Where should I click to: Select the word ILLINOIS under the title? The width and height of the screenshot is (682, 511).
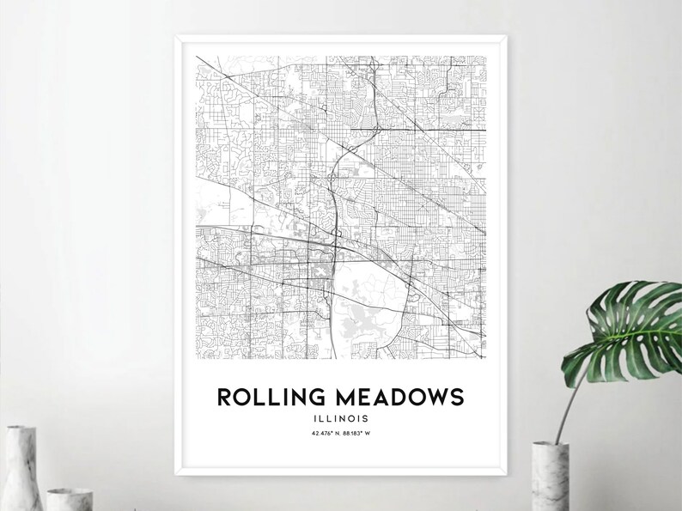341,418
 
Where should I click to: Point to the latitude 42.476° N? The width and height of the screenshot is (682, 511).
325,433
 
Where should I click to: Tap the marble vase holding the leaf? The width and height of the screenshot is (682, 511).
550,477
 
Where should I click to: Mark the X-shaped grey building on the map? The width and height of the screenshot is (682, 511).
320,271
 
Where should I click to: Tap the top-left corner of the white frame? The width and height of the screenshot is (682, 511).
177,37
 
